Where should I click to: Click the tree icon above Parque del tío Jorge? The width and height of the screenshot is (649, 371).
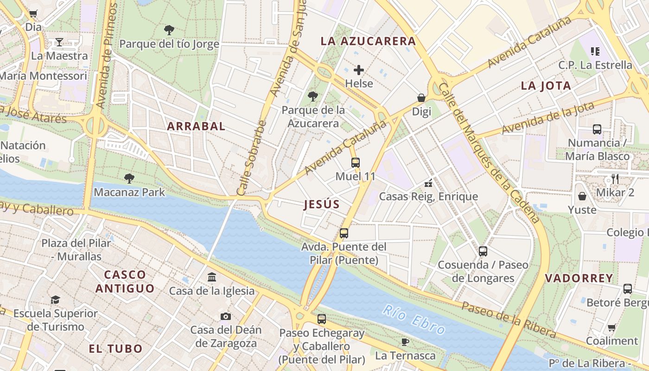[x=169, y=30]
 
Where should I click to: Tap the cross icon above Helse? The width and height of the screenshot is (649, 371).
[x=359, y=70]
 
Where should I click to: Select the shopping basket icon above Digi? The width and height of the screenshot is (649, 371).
[x=421, y=98]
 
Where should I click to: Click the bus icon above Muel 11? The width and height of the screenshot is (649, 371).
[x=355, y=163]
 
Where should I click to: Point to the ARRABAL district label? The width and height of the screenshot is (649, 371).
[x=196, y=126]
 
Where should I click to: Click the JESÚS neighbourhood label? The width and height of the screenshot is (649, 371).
[x=322, y=204]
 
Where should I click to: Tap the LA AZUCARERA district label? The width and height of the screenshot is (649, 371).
[x=368, y=41]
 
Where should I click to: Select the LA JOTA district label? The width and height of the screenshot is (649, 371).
[x=546, y=86]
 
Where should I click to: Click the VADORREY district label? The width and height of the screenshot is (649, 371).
[x=579, y=278]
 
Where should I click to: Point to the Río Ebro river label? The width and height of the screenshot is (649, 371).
[x=414, y=320]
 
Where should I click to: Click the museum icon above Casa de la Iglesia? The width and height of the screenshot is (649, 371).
[x=212, y=277]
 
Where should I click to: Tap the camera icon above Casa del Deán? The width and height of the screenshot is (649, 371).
[x=226, y=316]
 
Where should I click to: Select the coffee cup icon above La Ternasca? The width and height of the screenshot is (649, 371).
[x=405, y=342]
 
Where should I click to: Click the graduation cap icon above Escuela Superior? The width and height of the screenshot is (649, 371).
[x=55, y=300]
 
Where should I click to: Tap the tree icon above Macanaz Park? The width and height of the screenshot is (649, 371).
[x=129, y=178]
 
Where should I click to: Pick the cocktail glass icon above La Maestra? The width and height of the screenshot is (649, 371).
[x=59, y=42]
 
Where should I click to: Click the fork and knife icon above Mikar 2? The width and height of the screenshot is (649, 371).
[x=615, y=179]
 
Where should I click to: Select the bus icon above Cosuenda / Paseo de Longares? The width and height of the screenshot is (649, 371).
[x=483, y=251]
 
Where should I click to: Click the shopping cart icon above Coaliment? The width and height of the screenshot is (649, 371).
[x=612, y=327]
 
